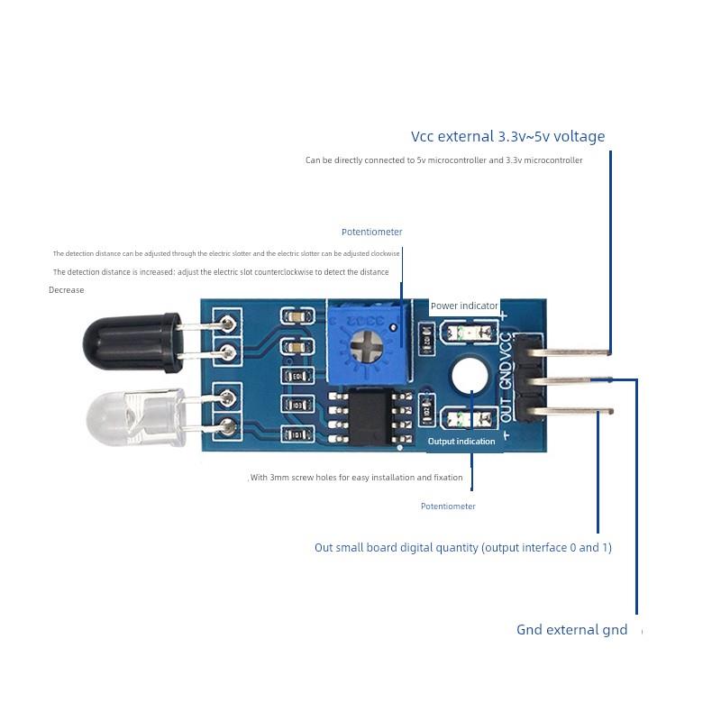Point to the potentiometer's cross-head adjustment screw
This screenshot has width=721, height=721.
pos(368,343)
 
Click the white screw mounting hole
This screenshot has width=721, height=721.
pos(470,375)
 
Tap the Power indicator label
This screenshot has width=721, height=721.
pos(464,306)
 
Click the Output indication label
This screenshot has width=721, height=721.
pos(461,442)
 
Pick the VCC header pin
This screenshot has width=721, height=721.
pos(568,351)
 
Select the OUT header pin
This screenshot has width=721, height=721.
pos(568,412)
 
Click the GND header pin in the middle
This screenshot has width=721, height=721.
pos(568,381)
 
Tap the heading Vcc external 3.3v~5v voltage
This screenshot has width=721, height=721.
pos(508,137)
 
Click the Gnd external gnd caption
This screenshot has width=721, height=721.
pos(571,630)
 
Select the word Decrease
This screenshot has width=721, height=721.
pos(67,290)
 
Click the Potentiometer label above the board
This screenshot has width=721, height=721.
pos(372,233)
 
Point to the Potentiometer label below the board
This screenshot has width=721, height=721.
pos(448,507)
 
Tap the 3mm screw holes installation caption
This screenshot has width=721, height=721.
pos(357,478)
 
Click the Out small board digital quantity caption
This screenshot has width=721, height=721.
pos(463,548)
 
